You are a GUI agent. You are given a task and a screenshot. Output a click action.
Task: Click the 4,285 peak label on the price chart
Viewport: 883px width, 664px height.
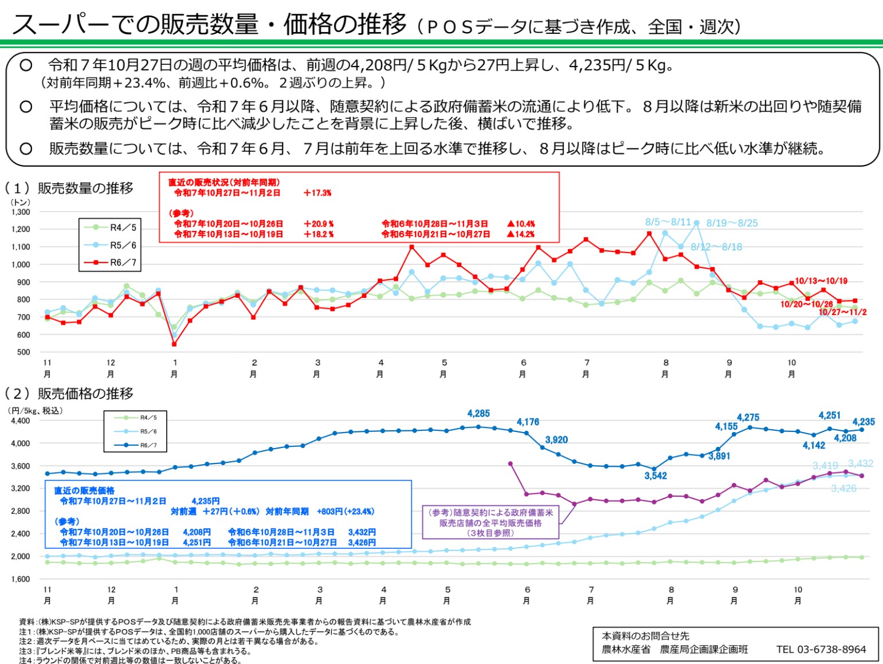(478, 414)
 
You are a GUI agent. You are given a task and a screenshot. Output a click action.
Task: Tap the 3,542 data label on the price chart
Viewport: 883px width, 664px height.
(656, 476)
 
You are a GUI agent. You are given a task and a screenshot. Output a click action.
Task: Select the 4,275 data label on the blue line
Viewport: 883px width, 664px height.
(748, 418)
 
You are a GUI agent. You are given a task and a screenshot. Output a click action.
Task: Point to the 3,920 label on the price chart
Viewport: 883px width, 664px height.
(556, 440)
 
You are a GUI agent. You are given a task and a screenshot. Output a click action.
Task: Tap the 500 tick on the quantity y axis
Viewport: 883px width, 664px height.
(23, 352)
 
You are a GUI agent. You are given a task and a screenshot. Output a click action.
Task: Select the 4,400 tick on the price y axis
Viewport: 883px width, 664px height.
(21, 421)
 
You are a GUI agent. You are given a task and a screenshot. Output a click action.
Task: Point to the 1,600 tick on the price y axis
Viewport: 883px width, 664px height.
(21, 579)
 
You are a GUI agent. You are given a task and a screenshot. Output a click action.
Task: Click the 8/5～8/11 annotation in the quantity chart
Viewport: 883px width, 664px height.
(668, 222)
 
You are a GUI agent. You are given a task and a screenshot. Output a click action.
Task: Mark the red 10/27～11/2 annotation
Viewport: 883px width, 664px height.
(842, 312)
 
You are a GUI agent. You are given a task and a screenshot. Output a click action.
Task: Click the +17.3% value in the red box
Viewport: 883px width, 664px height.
(317, 193)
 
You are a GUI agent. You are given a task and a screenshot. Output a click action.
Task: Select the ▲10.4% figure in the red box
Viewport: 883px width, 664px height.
(521, 224)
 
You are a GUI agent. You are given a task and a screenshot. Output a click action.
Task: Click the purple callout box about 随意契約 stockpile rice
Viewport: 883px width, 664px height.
(490, 522)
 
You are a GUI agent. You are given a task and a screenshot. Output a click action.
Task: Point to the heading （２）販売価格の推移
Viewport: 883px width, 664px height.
(69, 394)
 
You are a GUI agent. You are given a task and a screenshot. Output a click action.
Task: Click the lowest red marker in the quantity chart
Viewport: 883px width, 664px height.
(174, 344)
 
